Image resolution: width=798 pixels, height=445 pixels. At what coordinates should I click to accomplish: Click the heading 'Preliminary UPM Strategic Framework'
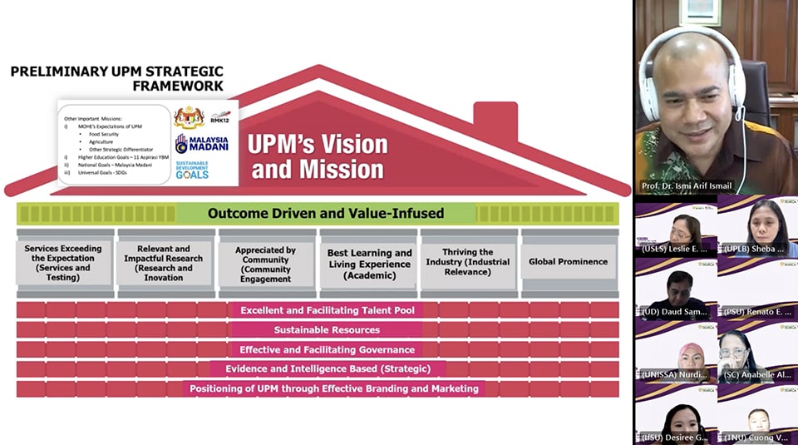click(x=116, y=78)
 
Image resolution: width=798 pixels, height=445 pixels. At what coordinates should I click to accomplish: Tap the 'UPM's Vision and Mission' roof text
click(x=318, y=156)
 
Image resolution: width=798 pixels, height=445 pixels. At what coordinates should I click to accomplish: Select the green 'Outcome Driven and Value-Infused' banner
click(x=326, y=213)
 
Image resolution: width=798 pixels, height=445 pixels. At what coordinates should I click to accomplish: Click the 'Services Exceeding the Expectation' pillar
click(x=63, y=262)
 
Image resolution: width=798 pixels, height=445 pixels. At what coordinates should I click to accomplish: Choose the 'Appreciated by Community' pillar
click(x=265, y=264)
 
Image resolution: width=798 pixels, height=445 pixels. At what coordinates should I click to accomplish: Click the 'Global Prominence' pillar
click(x=569, y=261)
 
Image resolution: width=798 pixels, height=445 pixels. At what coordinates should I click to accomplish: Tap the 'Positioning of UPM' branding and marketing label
click(x=333, y=388)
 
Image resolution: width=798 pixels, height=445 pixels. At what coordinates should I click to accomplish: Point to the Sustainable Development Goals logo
click(x=192, y=170)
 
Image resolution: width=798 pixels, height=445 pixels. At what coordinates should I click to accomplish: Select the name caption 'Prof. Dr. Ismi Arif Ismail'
click(x=687, y=185)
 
